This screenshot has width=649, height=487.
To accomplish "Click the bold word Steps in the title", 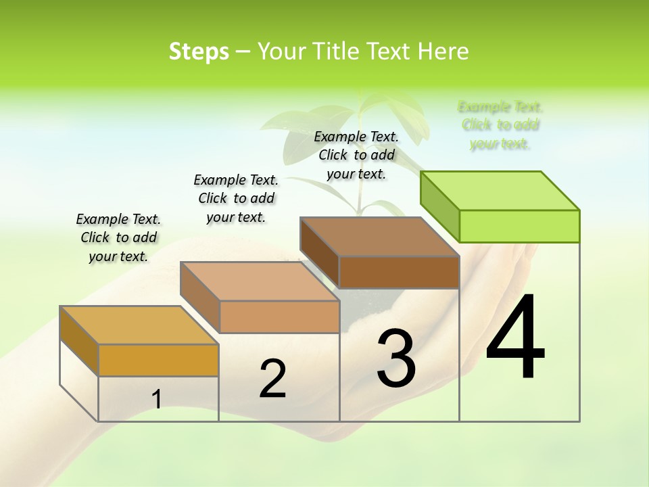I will [199, 51].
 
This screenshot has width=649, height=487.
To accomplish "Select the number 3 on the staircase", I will [396, 358].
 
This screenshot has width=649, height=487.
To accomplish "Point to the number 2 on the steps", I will [272, 379].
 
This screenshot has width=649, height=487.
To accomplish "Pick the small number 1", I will [157, 400].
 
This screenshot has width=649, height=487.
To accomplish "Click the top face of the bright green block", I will [500, 190].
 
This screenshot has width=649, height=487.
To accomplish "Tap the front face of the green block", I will [519, 226].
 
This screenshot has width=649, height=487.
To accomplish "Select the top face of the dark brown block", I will [379, 237].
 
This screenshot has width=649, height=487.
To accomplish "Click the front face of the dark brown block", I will [399, 272].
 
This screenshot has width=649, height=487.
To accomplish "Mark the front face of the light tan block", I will [279, 317].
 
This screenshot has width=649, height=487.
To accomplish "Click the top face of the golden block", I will [139, 325].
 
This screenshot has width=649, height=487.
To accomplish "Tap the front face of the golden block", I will [158, 360].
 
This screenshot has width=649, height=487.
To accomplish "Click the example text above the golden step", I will [118, 237].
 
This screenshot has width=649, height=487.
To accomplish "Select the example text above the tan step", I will [236, 198].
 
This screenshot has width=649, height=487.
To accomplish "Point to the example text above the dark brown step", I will [356, 155].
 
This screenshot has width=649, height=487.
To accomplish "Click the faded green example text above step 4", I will [500, 125].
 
